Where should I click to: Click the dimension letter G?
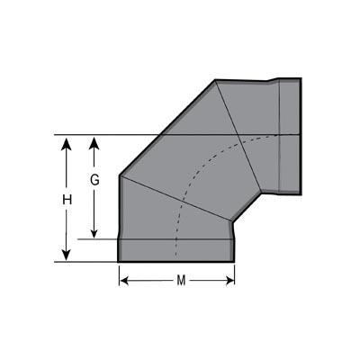94,180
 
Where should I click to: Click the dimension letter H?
67,200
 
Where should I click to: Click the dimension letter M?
181,281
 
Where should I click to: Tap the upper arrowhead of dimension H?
67,143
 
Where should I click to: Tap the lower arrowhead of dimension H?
67,254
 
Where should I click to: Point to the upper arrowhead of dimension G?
94,143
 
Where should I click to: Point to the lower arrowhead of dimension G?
94,231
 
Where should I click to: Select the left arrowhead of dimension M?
124,281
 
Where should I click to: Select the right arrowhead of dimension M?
229,281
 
